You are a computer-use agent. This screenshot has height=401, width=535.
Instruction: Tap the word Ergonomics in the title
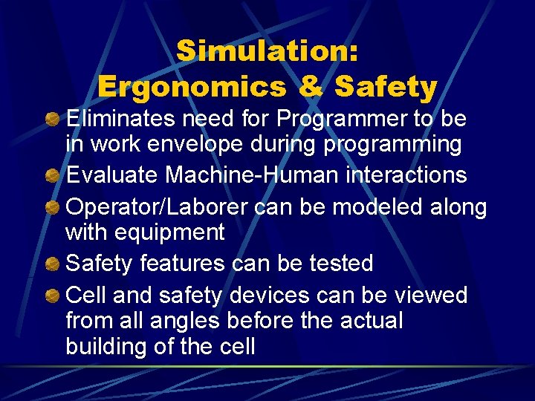[191, 87]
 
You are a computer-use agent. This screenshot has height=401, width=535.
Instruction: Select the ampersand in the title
[311, 87]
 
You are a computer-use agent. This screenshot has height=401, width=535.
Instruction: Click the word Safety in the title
[386, 87]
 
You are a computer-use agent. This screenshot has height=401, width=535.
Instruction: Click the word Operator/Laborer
[156, 207]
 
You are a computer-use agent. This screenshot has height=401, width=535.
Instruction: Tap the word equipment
[170, 232]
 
